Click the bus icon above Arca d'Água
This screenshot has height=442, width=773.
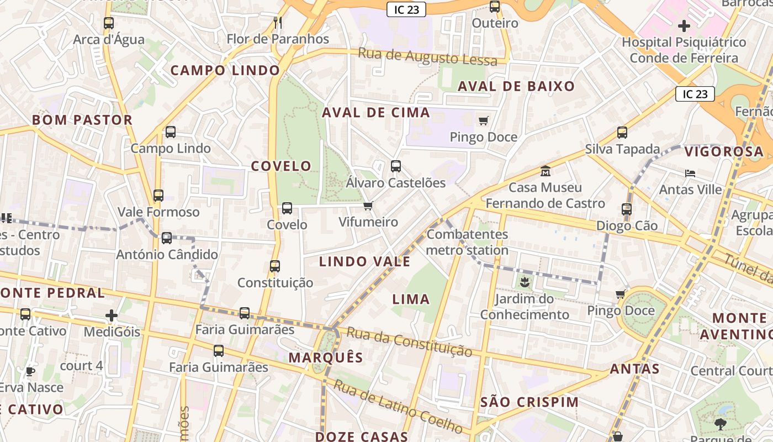(109, 23)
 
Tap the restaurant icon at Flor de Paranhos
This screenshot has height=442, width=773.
(278, 23)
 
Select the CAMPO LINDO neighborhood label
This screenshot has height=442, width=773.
(225, 71)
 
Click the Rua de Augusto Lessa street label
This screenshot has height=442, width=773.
(428, 57)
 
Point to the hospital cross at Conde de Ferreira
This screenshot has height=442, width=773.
(684, 26)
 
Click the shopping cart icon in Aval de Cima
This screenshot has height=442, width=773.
(484, 120)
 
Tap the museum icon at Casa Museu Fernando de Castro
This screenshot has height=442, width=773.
(546, 171)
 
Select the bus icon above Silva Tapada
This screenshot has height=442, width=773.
(622, 133)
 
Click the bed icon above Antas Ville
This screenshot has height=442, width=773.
(690, 173)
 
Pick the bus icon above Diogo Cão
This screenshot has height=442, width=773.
(627, 209)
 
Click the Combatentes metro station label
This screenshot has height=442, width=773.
(467, 242)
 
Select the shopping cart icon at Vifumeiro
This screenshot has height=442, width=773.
(368, 206)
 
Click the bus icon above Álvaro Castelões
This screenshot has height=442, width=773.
(396, 166)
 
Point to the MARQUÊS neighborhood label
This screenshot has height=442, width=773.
(326, 357)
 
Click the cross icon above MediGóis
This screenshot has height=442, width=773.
(112, 315)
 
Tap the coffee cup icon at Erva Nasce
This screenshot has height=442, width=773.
(30, 371)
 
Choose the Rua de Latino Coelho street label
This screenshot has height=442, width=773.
(398, 407)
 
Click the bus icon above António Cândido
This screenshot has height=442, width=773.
(167, 238)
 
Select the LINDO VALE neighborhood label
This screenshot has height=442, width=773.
(364, 262)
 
